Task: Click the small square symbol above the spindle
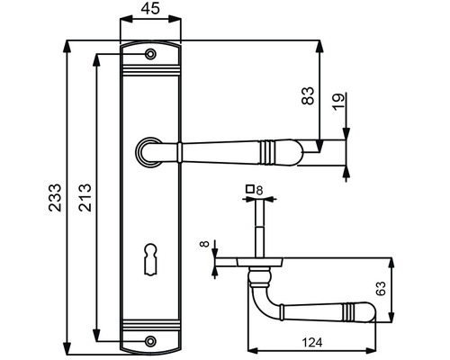pyautogui.click(x=248, y=190)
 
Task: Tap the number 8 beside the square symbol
pyautogui.click(x=258, y=190)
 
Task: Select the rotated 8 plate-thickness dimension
pyautogui.click(x=203, y=244)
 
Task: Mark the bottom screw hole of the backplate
pyautogui.click(x=150, y=341)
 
